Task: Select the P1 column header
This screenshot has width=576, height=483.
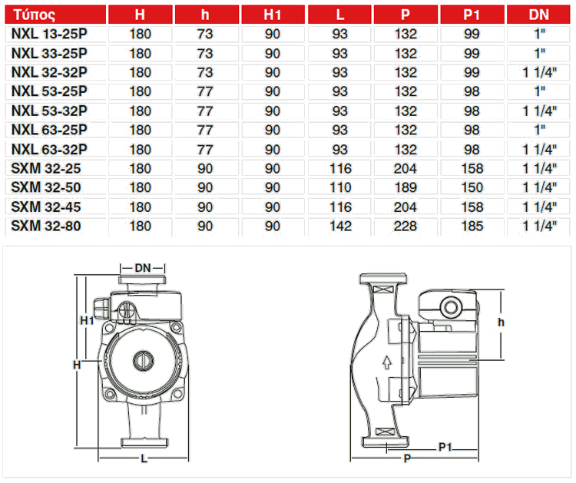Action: [472, 15]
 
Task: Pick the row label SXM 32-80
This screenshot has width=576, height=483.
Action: [45, 226]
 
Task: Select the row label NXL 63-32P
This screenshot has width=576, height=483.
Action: [48, 149]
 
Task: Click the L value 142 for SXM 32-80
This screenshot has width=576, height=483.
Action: [339, 226]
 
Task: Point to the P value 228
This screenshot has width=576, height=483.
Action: [406, 226]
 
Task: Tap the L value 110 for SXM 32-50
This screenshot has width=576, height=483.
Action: [339, 187]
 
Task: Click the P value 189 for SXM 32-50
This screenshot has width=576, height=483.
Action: [406, 187]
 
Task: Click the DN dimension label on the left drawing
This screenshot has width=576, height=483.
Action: [143, 268]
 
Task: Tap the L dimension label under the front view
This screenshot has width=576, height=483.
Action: [144, 458]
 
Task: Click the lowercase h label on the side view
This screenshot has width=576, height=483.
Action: [502, 323]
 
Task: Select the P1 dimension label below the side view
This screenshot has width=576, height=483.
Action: [445, 446]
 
